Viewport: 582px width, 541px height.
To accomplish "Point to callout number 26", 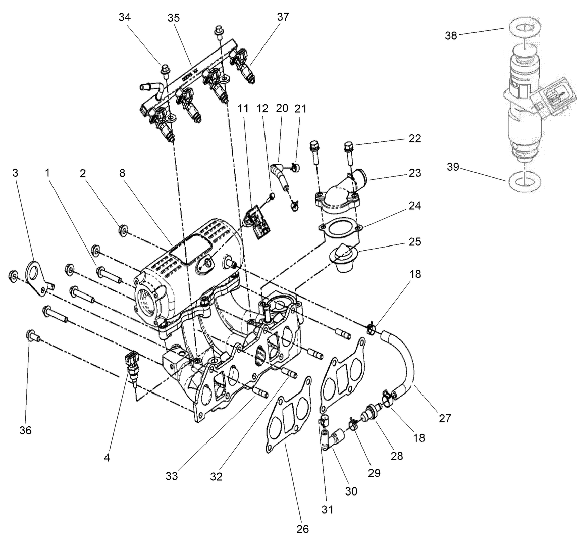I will coord(302,528).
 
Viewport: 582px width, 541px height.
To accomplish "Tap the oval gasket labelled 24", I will coord(339,230).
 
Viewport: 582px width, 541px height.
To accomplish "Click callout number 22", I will coord(414,139).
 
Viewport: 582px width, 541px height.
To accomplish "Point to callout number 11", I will coord(244,108).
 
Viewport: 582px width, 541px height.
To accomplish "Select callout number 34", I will coord(124,17).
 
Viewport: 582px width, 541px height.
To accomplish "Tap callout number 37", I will coord(283,17).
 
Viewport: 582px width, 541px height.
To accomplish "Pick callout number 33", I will coord(172,475).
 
